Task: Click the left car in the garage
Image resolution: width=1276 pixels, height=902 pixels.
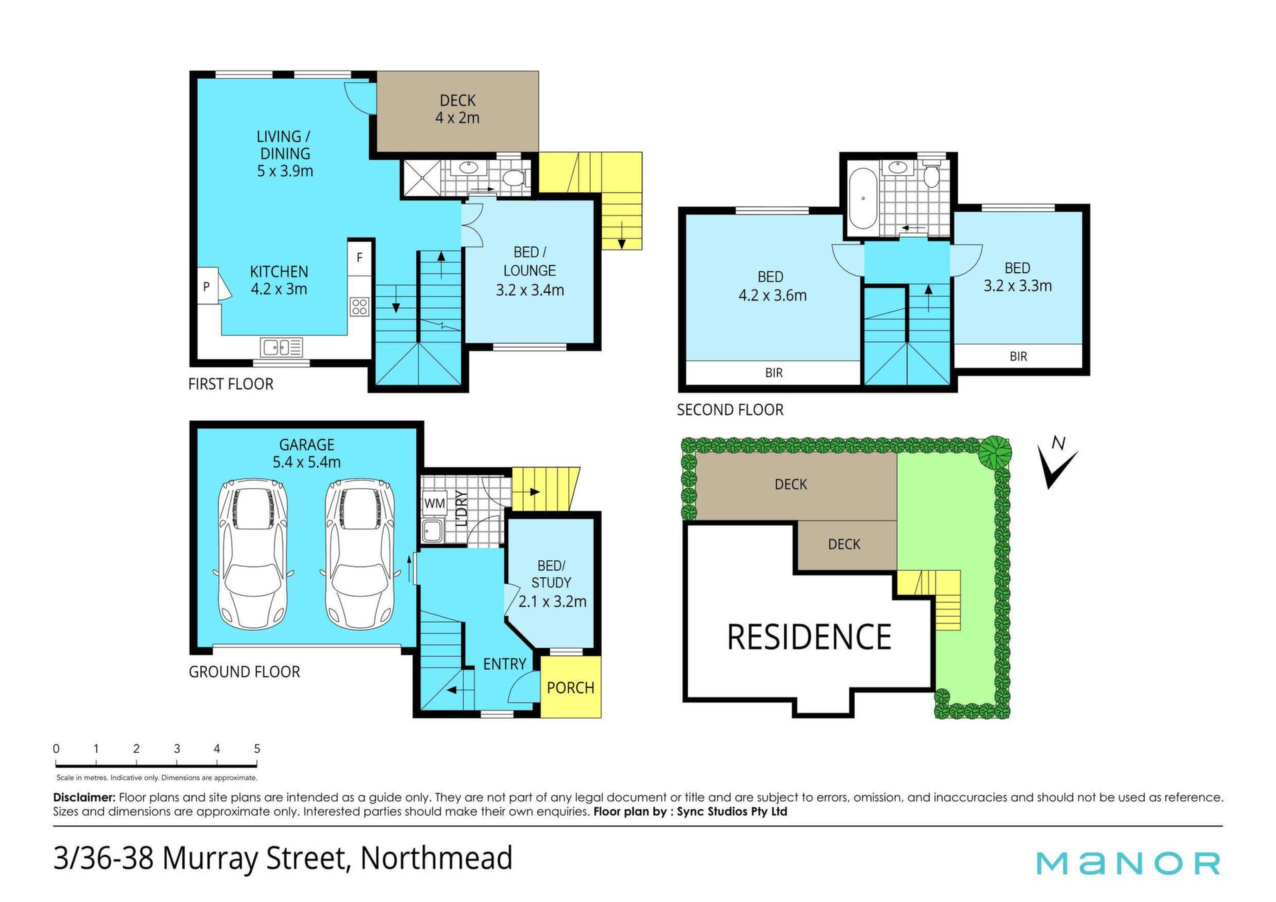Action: click(x=253, y=554)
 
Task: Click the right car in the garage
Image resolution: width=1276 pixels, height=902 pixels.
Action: click(x=360, y=554)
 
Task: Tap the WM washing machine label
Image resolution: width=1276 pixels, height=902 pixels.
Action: click(x=435, y=503)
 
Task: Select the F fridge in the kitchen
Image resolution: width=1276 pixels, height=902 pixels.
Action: click(x=360, y=257)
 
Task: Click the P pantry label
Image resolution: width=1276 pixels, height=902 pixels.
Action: click(x=207, y=286)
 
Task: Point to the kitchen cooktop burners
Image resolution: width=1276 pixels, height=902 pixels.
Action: click(x=360, y=306)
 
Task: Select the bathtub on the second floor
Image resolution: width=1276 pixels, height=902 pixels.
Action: click(x=863, y=198)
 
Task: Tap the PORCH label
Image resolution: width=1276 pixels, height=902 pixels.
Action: click(x=571, y=688)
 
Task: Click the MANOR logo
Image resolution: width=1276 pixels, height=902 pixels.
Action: click(x=1128, y=863)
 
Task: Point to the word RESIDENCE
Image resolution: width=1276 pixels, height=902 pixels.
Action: click(x=809, y=637)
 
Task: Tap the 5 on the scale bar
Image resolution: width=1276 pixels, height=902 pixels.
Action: click(x=257, y=748)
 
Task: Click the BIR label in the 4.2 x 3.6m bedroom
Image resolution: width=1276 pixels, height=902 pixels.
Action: click(x=774, y=373)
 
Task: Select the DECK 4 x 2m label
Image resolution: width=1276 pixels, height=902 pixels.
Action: click(x=457, y=109)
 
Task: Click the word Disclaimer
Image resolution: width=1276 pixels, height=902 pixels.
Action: click(x=84, y=797)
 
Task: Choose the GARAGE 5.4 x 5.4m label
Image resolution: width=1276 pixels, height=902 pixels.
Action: click(x=306, y=453)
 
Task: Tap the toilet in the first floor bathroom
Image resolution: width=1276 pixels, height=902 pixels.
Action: click(x=514, y=177)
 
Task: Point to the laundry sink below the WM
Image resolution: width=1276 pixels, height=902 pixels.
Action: click(x=433, y=530)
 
